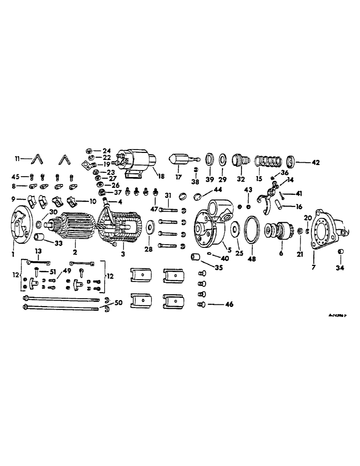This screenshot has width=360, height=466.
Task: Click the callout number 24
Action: pos(107,151)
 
